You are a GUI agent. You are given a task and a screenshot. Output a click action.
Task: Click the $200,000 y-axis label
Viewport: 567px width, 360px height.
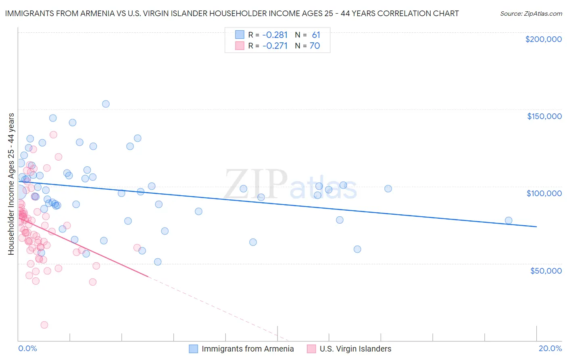pyautogui.click(x=543, y=39)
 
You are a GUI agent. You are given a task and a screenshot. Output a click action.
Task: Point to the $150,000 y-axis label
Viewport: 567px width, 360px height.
pyautogui.click(x=544, y=116)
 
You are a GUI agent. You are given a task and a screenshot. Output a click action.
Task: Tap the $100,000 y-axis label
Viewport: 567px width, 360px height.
pyautogui.click(x=544, y=193)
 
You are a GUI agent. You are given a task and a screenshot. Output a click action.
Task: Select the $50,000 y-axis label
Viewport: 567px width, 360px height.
pyautogui.click(x=546, y=270)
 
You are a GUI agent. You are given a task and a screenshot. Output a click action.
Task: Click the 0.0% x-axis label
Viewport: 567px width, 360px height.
pyautogui.click(x=27, y=348)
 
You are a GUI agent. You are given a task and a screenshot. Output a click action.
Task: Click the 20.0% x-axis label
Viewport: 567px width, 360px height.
pyautogui.click(x=550, y=348)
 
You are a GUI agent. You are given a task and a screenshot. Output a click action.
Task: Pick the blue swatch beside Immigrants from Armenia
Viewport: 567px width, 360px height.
pyautogui.click(x=194, y=349)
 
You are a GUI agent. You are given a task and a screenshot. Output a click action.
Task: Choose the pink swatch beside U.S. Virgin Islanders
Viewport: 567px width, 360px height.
pyautogui.click(x=311, y=349)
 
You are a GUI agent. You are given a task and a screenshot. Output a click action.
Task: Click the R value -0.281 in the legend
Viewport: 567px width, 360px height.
pyautogui.click(x=275, y=35)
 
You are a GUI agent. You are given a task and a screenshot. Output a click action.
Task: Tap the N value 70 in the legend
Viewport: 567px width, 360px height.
pyautogui.click(x=315, y=46)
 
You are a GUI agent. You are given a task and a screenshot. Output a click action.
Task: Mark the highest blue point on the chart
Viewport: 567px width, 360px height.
pyautogui.click(x=106, y=104)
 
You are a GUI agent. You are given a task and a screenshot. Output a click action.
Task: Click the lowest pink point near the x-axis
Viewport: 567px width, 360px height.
pyautogui.click(x=44, y=325)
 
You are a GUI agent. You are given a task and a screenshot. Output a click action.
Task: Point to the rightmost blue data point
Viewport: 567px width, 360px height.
pyautogui.click(x=509, y=220)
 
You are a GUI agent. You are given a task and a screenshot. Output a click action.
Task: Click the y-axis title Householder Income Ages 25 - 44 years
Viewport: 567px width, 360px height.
pyautogui.click(x=11, y=184)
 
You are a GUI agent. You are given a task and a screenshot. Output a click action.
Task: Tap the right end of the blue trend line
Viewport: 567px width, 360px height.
pyautogui.click(x=536, y=227)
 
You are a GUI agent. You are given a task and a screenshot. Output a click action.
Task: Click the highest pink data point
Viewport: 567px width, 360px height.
pyautogui.click(x=53, y=135)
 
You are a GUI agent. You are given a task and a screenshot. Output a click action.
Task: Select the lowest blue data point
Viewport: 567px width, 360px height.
pyautogui.click(x=158, y=262)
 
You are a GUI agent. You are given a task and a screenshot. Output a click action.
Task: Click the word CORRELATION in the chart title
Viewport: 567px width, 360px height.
pyautogui.click(x=407, y=14)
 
